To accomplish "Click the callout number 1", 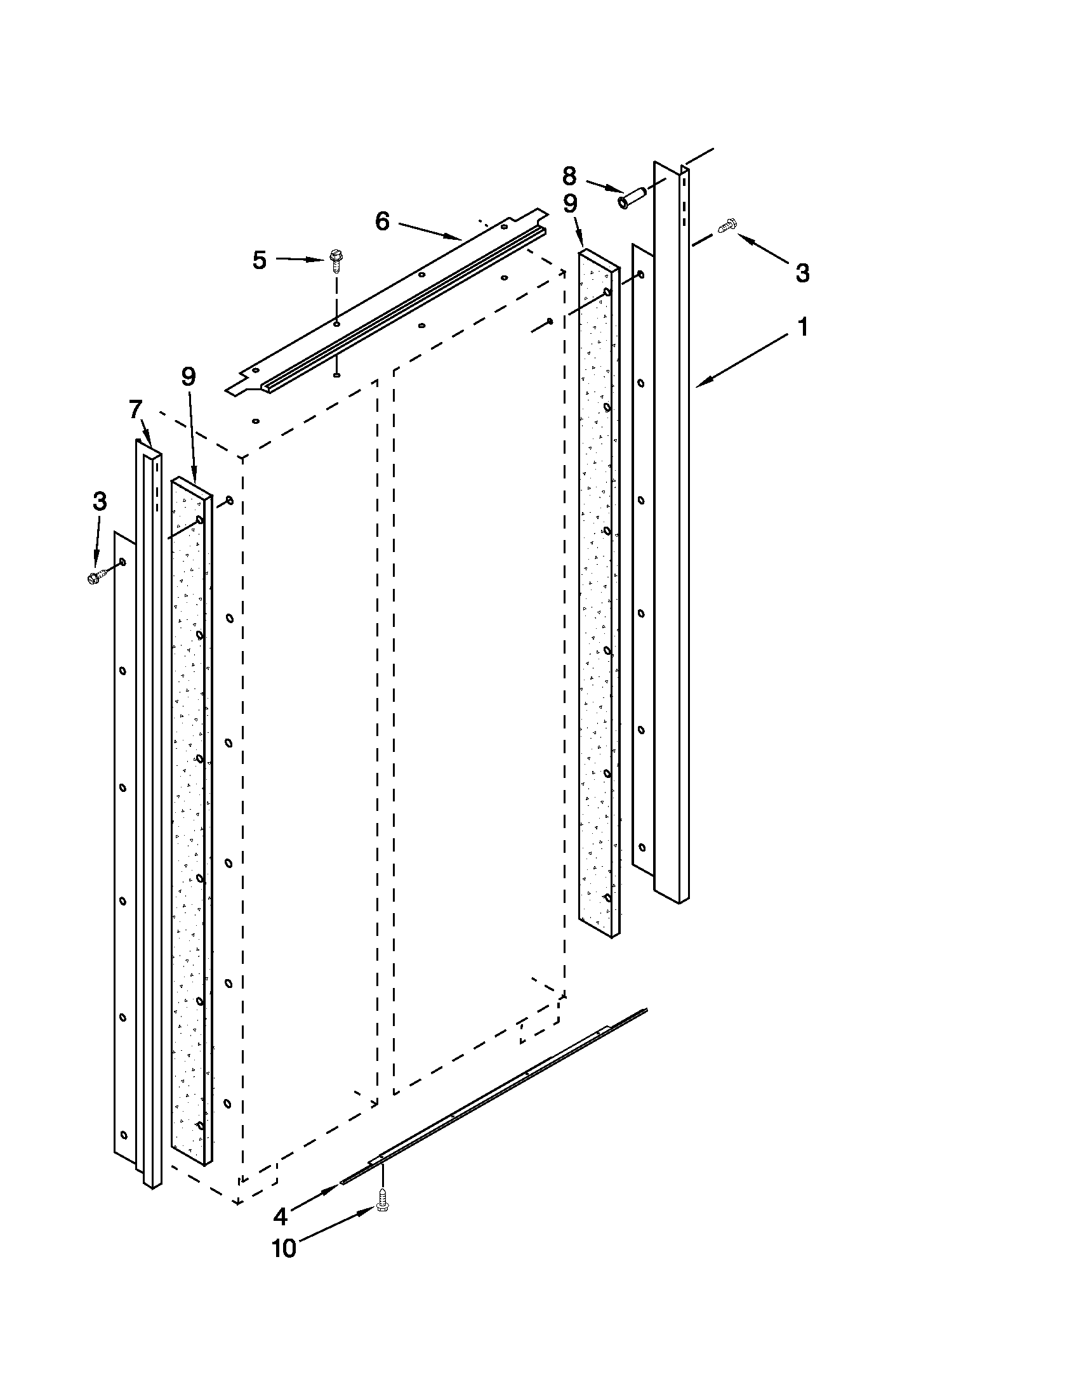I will click(x=803, y=327).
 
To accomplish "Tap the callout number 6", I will click(x=382, y=221).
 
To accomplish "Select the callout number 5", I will click(x=259, y=260).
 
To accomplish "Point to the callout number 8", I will click(x=569, y=175).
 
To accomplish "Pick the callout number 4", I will click(x=281, y=1217).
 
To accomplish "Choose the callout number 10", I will click(x=284, y=1248).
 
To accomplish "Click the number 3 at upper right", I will click(x=803, y=273).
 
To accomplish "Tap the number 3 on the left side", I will click(x=100, y=502).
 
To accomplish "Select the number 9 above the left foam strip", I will click(x=188, y=377).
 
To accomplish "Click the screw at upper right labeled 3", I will click(x=727, y=225).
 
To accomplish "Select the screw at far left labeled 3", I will click(x=95, y=577).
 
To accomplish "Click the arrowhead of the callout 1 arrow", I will click(x=699, y=385).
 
